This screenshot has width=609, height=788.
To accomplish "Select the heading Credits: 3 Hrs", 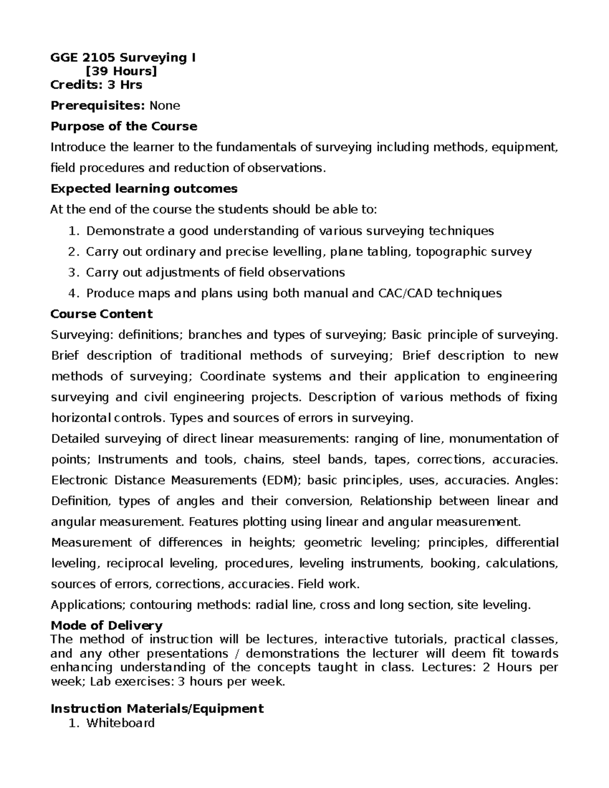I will click(x=96, y=84).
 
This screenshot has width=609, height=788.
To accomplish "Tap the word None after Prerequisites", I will click(x=165, y=106).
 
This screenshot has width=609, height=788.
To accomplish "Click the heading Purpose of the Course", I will click(x=124, y=126).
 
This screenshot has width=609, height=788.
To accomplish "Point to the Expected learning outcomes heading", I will click(x=144, y=189).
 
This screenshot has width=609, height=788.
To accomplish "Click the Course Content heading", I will click(x=101, y=314).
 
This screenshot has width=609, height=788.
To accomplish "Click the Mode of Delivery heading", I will click(x=107, y=625).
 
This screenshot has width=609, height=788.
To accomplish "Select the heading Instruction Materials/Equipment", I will click(x=157, y=708).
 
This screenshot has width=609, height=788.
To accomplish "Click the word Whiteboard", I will click(x=120, y=723).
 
